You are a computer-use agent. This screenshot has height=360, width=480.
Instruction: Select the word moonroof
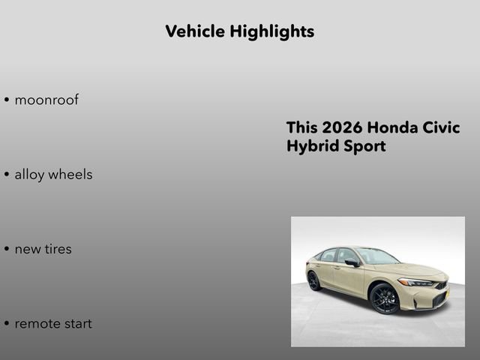[46, 100]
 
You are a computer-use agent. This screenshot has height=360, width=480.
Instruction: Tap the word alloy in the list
[28, 175]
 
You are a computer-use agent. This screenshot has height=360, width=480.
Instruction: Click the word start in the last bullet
[78, 324]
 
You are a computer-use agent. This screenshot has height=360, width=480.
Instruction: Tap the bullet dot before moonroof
[7, 100]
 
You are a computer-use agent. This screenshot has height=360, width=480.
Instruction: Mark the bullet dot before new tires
[7, 250]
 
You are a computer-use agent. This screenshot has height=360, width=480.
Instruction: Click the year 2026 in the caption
[342, 127]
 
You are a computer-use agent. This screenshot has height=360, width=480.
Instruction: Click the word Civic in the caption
[442, 127]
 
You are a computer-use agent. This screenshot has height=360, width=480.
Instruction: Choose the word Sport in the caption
[365, 146]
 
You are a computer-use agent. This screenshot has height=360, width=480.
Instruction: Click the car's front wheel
[385, 298]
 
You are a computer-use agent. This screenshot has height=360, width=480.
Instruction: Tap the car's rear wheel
[313, 280]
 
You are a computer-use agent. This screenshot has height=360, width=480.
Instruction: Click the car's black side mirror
[351, 262]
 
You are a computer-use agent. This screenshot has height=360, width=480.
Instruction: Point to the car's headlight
[415, 283]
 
